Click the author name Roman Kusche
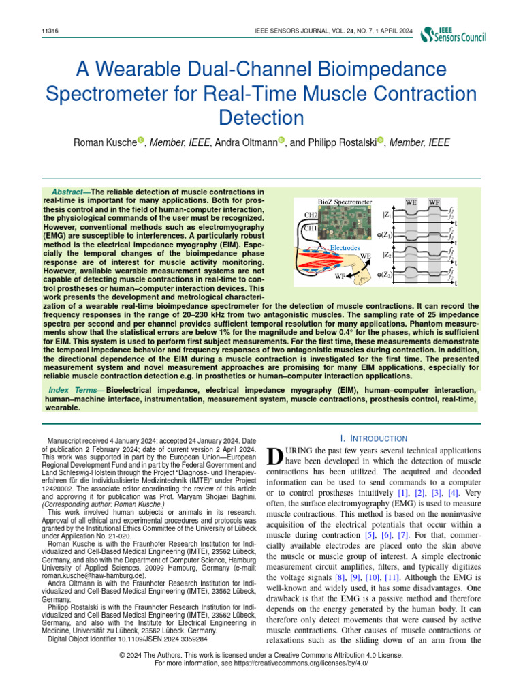point(104,142)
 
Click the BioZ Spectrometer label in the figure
point(345,202)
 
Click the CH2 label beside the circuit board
point(311,215)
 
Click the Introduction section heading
point(373,438)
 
